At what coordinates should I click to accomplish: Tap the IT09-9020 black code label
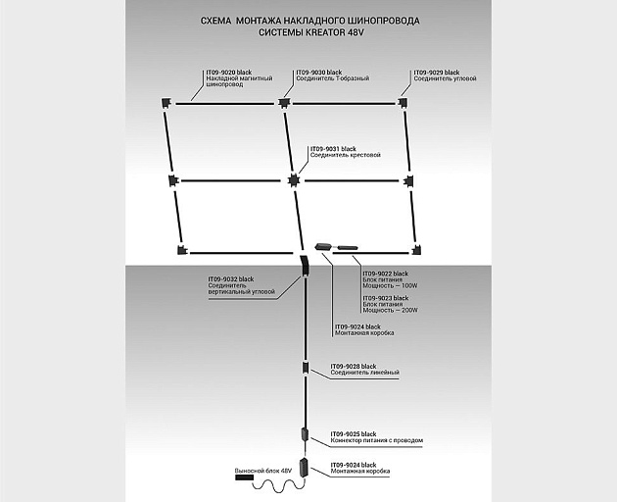coord(229,73)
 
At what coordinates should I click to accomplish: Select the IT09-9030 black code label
coord(319,73)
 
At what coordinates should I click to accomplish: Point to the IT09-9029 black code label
coord(436,73)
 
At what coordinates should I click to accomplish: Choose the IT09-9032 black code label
coord(230,279)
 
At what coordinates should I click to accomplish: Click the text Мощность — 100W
coord(390,285)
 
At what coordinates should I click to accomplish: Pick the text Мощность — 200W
coord(390,310)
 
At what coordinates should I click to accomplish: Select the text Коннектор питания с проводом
coord(376,440)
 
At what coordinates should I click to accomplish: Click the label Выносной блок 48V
coord(263,472)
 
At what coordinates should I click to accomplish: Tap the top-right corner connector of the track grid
coord(403,102)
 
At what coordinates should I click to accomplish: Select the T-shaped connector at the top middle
coord(284,102)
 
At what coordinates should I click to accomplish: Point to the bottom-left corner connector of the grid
coord(181,249)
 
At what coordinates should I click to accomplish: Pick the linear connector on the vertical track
coord(306,369)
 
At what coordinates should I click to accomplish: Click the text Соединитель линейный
coord(364,374)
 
